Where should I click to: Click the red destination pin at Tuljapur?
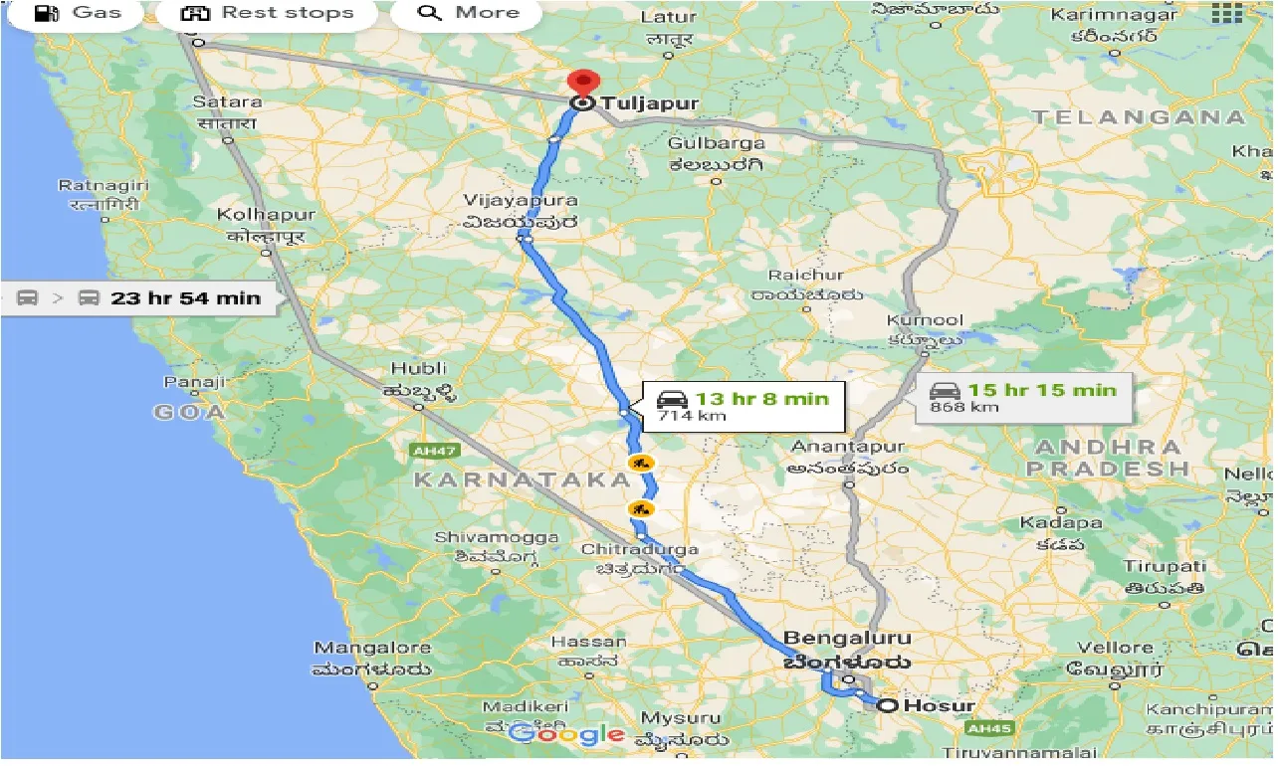pyautogui.click(x=580, y=82)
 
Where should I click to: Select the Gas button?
pyautogui.click(x=78, y=13)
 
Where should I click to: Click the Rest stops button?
pyautogui.click(x=267, y=13)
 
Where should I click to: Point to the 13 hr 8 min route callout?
pyautogui.click(x=743, y=405)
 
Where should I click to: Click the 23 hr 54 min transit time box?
pyautogui.click(x=139, y=297)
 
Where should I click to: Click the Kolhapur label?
pyautogui.click(x=267, y=215)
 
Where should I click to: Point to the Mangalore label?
pyautogui.click(x=372, y=648)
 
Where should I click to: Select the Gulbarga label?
pyautogui.click(x=716, y=143)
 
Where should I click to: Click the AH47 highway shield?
pyautogui.click(x=434, y=452)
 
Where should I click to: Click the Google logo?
pyautogui.click(x=567, y=735)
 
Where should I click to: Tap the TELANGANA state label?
pyautogui.click(x=1139, y=117)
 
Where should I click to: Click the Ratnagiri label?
pyautogui.click(x=103, y=186)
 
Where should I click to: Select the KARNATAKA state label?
pyautogui.click(x=523, y=480)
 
